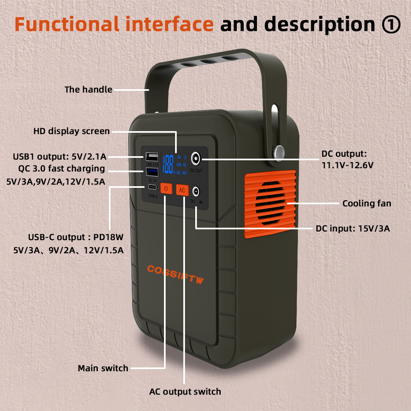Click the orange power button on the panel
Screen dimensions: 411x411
[x=166, y=189]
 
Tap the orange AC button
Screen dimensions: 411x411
[x=182, y=190]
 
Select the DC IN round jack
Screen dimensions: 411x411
[x=196, y=191]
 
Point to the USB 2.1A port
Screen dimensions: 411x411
[x=151, y=157]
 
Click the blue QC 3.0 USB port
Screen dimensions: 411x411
[x=151, y=172]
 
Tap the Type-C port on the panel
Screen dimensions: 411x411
[x=152, y=187]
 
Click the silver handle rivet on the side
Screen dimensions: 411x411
[x=280, y=151]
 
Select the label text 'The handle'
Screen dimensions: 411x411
[x=88, y=89]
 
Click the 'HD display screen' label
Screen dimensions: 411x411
[x=72, y=132]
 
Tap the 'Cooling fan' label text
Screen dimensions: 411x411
[x=367, y=203]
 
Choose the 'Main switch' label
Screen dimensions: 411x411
[x=103, y=368]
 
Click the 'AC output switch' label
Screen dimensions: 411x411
[x=185, y=391]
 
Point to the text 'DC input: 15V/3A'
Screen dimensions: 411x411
[x=353, y=228]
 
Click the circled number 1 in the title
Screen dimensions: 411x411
[x=391, y=24]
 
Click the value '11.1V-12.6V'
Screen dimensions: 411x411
[x=348, y=165]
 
